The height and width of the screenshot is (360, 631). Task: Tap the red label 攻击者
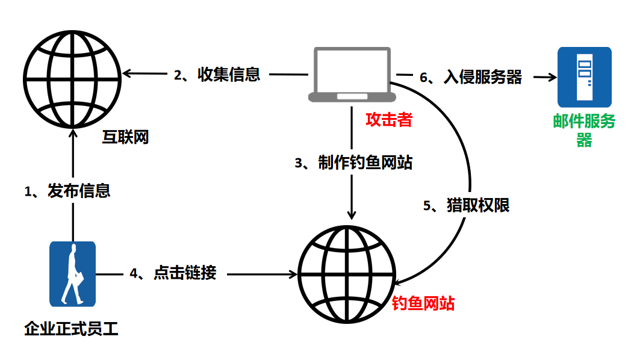pyautogui.click(x=389, y=120)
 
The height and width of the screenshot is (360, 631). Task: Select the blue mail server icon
pyautogui.click(x=584, y=76)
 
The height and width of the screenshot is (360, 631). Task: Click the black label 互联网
pyautogui.click(x=124, y=137)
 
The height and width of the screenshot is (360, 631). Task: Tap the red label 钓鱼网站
pyautogui.click(x=423, y=303)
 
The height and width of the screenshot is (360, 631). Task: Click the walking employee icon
pyautogui.click(x=72, y=274)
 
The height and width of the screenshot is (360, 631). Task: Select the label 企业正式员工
pyautogui.click(x=72, y=329)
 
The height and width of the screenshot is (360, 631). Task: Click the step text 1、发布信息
pyautogui.click(x=67, y=191)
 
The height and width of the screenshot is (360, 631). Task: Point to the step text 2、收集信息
pyautogui.click(x=217, y=75)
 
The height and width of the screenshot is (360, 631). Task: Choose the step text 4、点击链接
pyautogui.click(x=173, y=273)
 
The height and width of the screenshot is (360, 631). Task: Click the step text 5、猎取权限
pyautogui.click(x=466, y=205)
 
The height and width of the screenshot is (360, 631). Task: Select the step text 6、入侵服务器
pyautogui.click(x=470, y=77)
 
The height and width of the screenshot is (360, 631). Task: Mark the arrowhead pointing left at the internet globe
pyautogui.click(x=126, y=74)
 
